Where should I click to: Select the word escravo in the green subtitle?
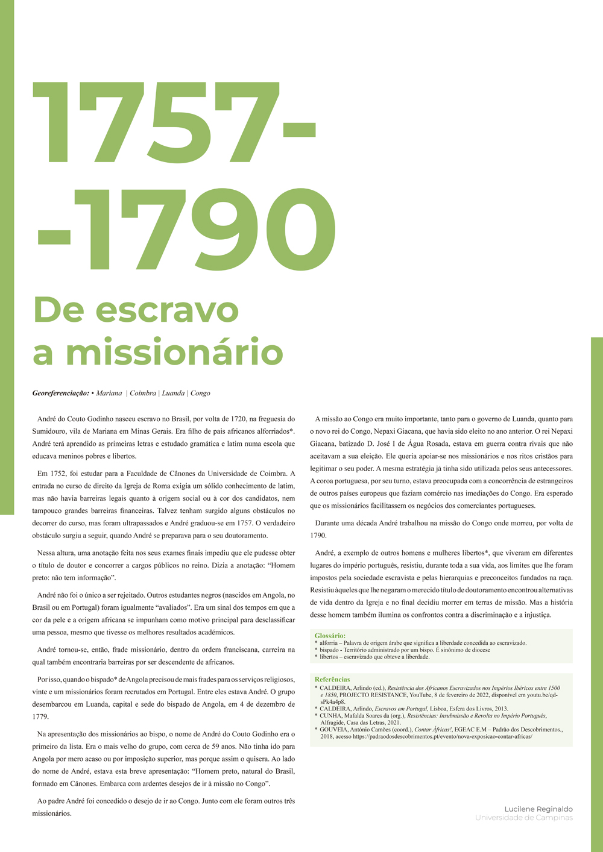(x=169, y=310)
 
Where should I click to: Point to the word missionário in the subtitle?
(x=175, y=352)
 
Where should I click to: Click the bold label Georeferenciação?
(x=60, y=393)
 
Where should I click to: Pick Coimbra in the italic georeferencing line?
(x=143, y=393)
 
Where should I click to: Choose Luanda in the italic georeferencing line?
(x=174, y=393)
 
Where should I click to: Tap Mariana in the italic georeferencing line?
(x=109, y=393)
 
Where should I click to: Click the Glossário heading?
(x=330, y=636)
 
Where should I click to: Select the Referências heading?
(x=332, y=679)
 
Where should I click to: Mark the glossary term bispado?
(x=330, y=650)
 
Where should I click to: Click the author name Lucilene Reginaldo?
(x=538, y=809)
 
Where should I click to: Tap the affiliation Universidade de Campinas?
(x=523, y=818)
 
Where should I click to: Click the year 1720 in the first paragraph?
(x=238, y=418)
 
